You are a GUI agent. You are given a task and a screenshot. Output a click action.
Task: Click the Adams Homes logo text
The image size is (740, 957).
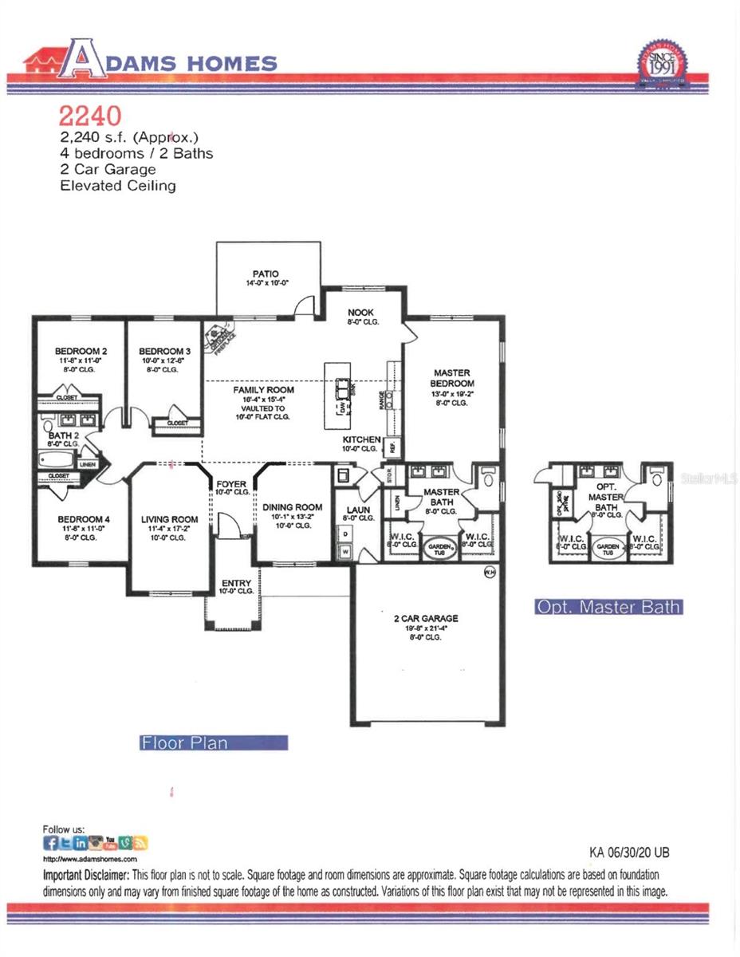tap(171, 62)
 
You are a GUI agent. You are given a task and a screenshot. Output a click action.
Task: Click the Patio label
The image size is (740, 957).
tap(266, 274)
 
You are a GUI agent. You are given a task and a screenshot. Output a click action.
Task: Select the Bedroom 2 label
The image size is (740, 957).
tap(81, 351)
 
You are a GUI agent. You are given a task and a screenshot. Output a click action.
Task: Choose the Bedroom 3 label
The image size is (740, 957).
tap(164, 351)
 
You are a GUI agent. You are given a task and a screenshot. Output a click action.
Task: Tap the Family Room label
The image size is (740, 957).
tap(263, 390)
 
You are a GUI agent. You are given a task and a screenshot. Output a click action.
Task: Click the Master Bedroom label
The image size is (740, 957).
tap(451, 378)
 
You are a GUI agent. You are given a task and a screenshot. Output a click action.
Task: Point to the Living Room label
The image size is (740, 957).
tap(169, 520)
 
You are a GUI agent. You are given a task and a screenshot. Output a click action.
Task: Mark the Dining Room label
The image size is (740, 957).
tap(293, 507)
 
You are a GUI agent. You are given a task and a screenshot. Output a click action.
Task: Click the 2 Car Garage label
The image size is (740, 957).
tap(425, 618)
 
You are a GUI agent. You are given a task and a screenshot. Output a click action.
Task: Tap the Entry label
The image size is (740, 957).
tap(235, 583)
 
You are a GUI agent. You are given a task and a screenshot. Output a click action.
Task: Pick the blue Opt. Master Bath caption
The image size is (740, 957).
tap(608, 607)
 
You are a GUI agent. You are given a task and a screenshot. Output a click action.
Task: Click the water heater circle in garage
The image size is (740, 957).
tap(490, 572)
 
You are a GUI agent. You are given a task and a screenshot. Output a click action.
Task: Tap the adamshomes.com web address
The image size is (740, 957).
tap(89, 860)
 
